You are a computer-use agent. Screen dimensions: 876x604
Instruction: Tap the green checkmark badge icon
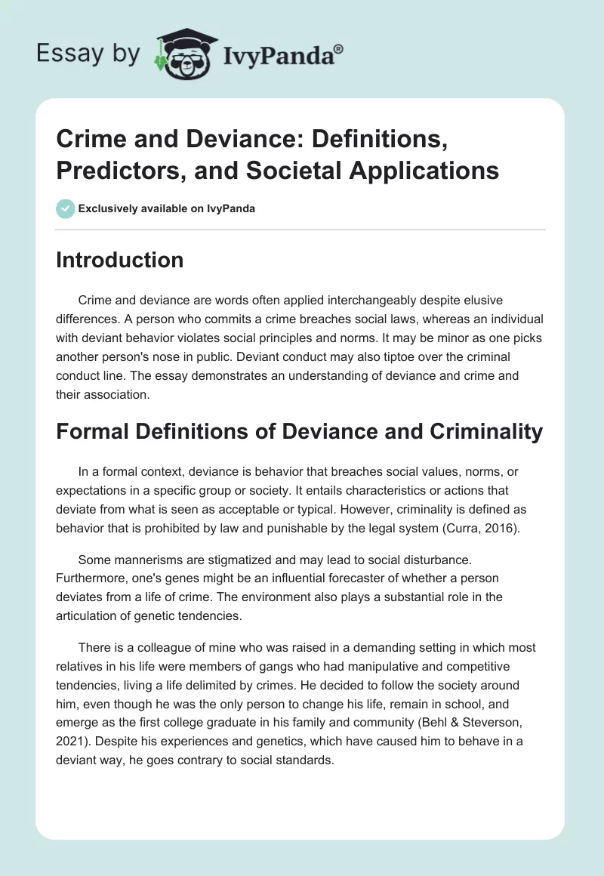coord(66,208)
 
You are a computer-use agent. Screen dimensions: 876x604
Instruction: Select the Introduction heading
coord(120,260)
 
